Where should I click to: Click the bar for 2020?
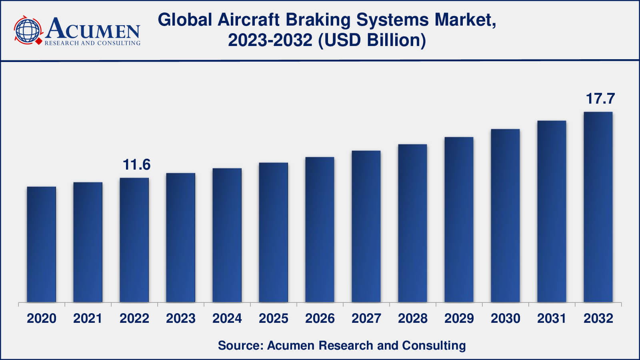tap(42, 244)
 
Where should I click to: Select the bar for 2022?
tap(134, 240)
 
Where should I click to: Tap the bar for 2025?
tap(274, 232)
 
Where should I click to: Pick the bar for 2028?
tap(412, 223)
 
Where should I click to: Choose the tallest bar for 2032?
tap(598, 207)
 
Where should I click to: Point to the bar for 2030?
tap(505, 216)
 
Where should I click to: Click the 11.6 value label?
tap(136, 165)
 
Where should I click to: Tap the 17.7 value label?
tap(600, 99)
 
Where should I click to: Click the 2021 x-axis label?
tap(88, 318)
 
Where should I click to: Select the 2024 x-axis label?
tap(227, 318)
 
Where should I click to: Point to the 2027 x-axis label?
tap(366, 318)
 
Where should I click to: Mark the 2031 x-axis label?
tap(552, 318)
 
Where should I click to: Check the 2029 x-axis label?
tap(459, 318)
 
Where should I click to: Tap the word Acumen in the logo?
tap(93, 29)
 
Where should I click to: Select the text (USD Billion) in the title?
tap(372, 40)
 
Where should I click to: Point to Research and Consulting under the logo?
tap(92, 43)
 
